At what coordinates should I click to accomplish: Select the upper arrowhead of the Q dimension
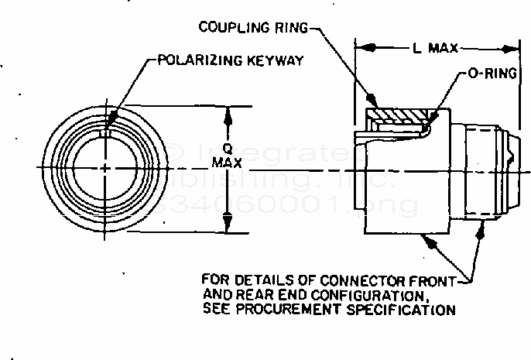point(228,113)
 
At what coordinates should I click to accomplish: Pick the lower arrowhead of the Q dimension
point(228,225)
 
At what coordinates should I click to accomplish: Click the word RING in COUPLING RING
point(290,29)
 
